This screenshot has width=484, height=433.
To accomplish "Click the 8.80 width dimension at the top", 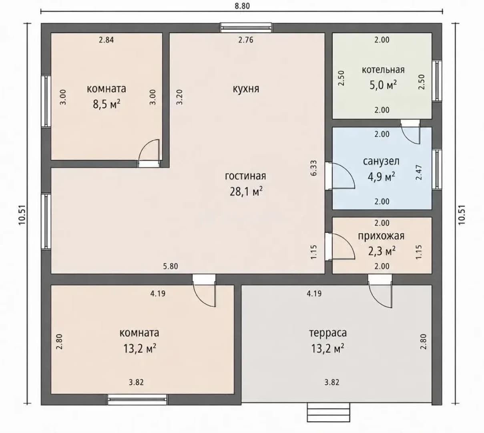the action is point(242,6).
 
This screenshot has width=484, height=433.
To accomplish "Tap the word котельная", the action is point(383,70).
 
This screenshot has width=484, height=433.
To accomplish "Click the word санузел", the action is point(381,162).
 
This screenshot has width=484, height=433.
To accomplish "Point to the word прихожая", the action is point(381,236).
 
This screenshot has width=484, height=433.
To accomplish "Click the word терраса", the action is point(328,333).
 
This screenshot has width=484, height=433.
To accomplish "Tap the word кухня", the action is point(246,89).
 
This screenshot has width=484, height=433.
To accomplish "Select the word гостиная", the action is point(245,176).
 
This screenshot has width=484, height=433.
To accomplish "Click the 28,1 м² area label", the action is point(246,191).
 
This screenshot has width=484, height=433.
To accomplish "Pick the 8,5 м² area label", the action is point(106,104).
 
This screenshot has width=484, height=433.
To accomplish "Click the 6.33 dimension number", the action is point(314,168).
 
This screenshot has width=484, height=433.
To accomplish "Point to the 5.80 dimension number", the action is point(171,266).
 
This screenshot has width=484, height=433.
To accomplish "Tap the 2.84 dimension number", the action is point(106,40).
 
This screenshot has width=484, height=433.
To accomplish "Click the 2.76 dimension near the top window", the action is point(246,40).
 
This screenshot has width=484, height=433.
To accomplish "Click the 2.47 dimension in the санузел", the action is point(419,172).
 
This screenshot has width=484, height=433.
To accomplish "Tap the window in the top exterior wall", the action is point(246,27).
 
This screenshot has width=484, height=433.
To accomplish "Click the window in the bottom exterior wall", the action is point(137,400).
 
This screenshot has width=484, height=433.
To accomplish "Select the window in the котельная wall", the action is point(437,80).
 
